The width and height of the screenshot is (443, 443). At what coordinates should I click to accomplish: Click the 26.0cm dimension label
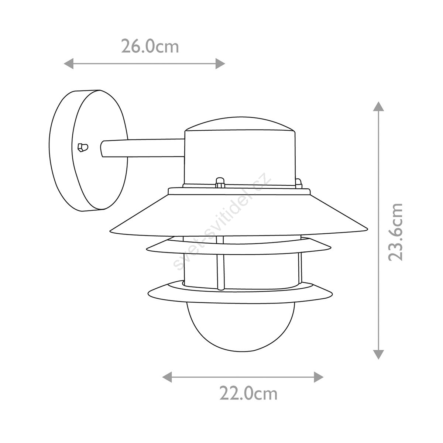pos(150,46)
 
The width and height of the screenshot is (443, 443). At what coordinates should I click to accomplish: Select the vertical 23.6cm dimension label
pos(395,232)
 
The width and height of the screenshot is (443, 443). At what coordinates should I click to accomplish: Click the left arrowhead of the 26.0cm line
pos(69,63)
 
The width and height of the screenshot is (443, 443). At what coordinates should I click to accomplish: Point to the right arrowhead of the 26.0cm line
pos(220,63)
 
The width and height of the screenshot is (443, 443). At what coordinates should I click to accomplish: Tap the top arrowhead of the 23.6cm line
pos(378,106)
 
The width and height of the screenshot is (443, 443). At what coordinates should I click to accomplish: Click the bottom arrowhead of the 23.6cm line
pos(378,354)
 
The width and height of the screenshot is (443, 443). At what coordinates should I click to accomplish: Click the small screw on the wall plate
pos(83,147)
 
